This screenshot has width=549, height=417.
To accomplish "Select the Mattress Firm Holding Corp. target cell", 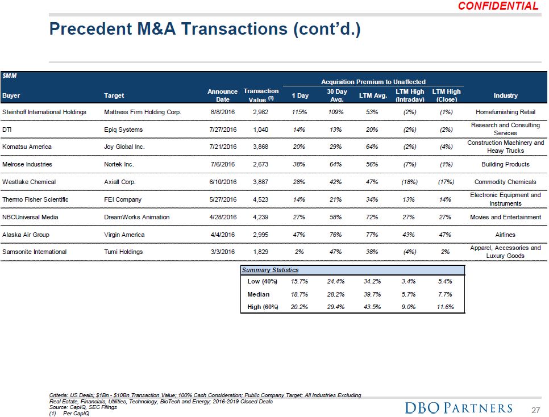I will point(143,112).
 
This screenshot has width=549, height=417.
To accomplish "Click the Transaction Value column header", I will point(261,95).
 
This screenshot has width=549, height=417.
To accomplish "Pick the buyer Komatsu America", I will point(27,147).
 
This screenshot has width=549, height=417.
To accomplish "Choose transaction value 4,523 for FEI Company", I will point(261,199).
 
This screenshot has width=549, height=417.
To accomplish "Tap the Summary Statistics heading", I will point(270,270).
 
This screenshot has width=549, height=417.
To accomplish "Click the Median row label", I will point(259,294).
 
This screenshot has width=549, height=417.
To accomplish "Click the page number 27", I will point(535,409).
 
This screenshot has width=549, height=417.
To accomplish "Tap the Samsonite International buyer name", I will point(35,252).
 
